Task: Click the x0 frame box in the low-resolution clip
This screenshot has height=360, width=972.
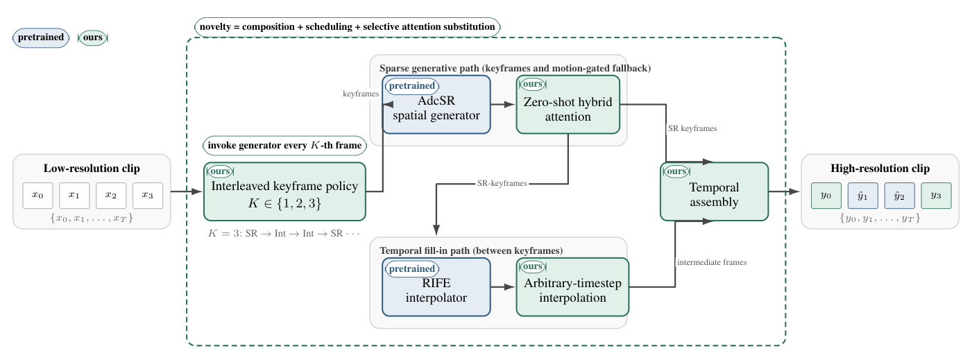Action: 37,196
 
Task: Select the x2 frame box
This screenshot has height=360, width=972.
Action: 111,196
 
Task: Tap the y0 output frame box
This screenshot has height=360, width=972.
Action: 826,196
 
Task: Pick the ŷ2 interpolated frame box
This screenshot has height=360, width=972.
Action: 900,196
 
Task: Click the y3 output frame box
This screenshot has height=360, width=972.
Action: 937,196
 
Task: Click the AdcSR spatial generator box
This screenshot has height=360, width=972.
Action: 436,105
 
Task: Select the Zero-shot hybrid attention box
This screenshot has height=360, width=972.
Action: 568,105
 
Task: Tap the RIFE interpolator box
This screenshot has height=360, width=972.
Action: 436,287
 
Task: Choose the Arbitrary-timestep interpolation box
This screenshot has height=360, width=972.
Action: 572,287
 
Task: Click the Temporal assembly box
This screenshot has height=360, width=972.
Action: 714,191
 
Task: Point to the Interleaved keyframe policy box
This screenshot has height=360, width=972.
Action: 284,191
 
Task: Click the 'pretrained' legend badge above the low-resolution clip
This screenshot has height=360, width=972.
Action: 41,37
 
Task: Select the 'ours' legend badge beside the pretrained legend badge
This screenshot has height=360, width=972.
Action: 93,37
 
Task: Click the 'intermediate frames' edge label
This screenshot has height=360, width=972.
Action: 712,262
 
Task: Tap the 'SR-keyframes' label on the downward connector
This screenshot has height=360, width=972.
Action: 502,184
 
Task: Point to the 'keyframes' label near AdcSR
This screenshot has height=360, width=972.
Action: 361,94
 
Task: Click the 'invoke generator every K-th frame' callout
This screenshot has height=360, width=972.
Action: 284,145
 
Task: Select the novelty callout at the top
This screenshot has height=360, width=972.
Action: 347,27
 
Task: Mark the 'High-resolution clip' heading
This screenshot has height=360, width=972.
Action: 880,169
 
